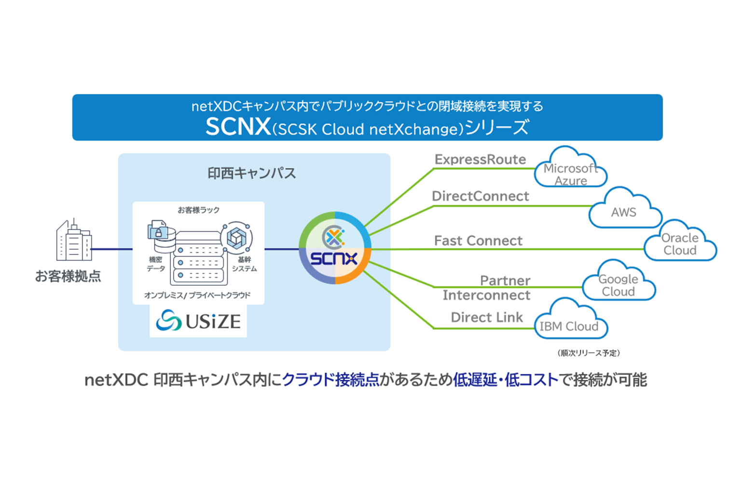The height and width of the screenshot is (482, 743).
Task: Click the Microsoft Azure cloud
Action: coord(570,169)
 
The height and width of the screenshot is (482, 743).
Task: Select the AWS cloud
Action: coord(624,210)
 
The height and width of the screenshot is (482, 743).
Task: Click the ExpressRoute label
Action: coord(480,160)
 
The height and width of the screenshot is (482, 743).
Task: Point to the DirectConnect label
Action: coord(480,196)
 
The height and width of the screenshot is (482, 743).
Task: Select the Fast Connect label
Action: coord(478,241)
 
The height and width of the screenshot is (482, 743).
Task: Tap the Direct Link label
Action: coord(486,317)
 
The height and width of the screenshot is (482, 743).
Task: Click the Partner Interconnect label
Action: coord(486,288)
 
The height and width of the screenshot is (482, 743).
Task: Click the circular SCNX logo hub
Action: coord(335,248)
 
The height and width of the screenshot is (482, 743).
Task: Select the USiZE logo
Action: coord(198,321)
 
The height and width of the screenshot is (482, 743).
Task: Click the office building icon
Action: coord(74,241)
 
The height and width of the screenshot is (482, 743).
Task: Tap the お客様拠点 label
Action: coord(68,276)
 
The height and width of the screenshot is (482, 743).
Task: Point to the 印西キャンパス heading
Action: coord(251,174)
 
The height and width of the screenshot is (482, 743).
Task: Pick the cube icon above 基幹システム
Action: coord(236,238)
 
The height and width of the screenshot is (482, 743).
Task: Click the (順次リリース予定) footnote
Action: coord(588,353)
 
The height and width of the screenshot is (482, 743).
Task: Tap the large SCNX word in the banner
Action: coord(238,126)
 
